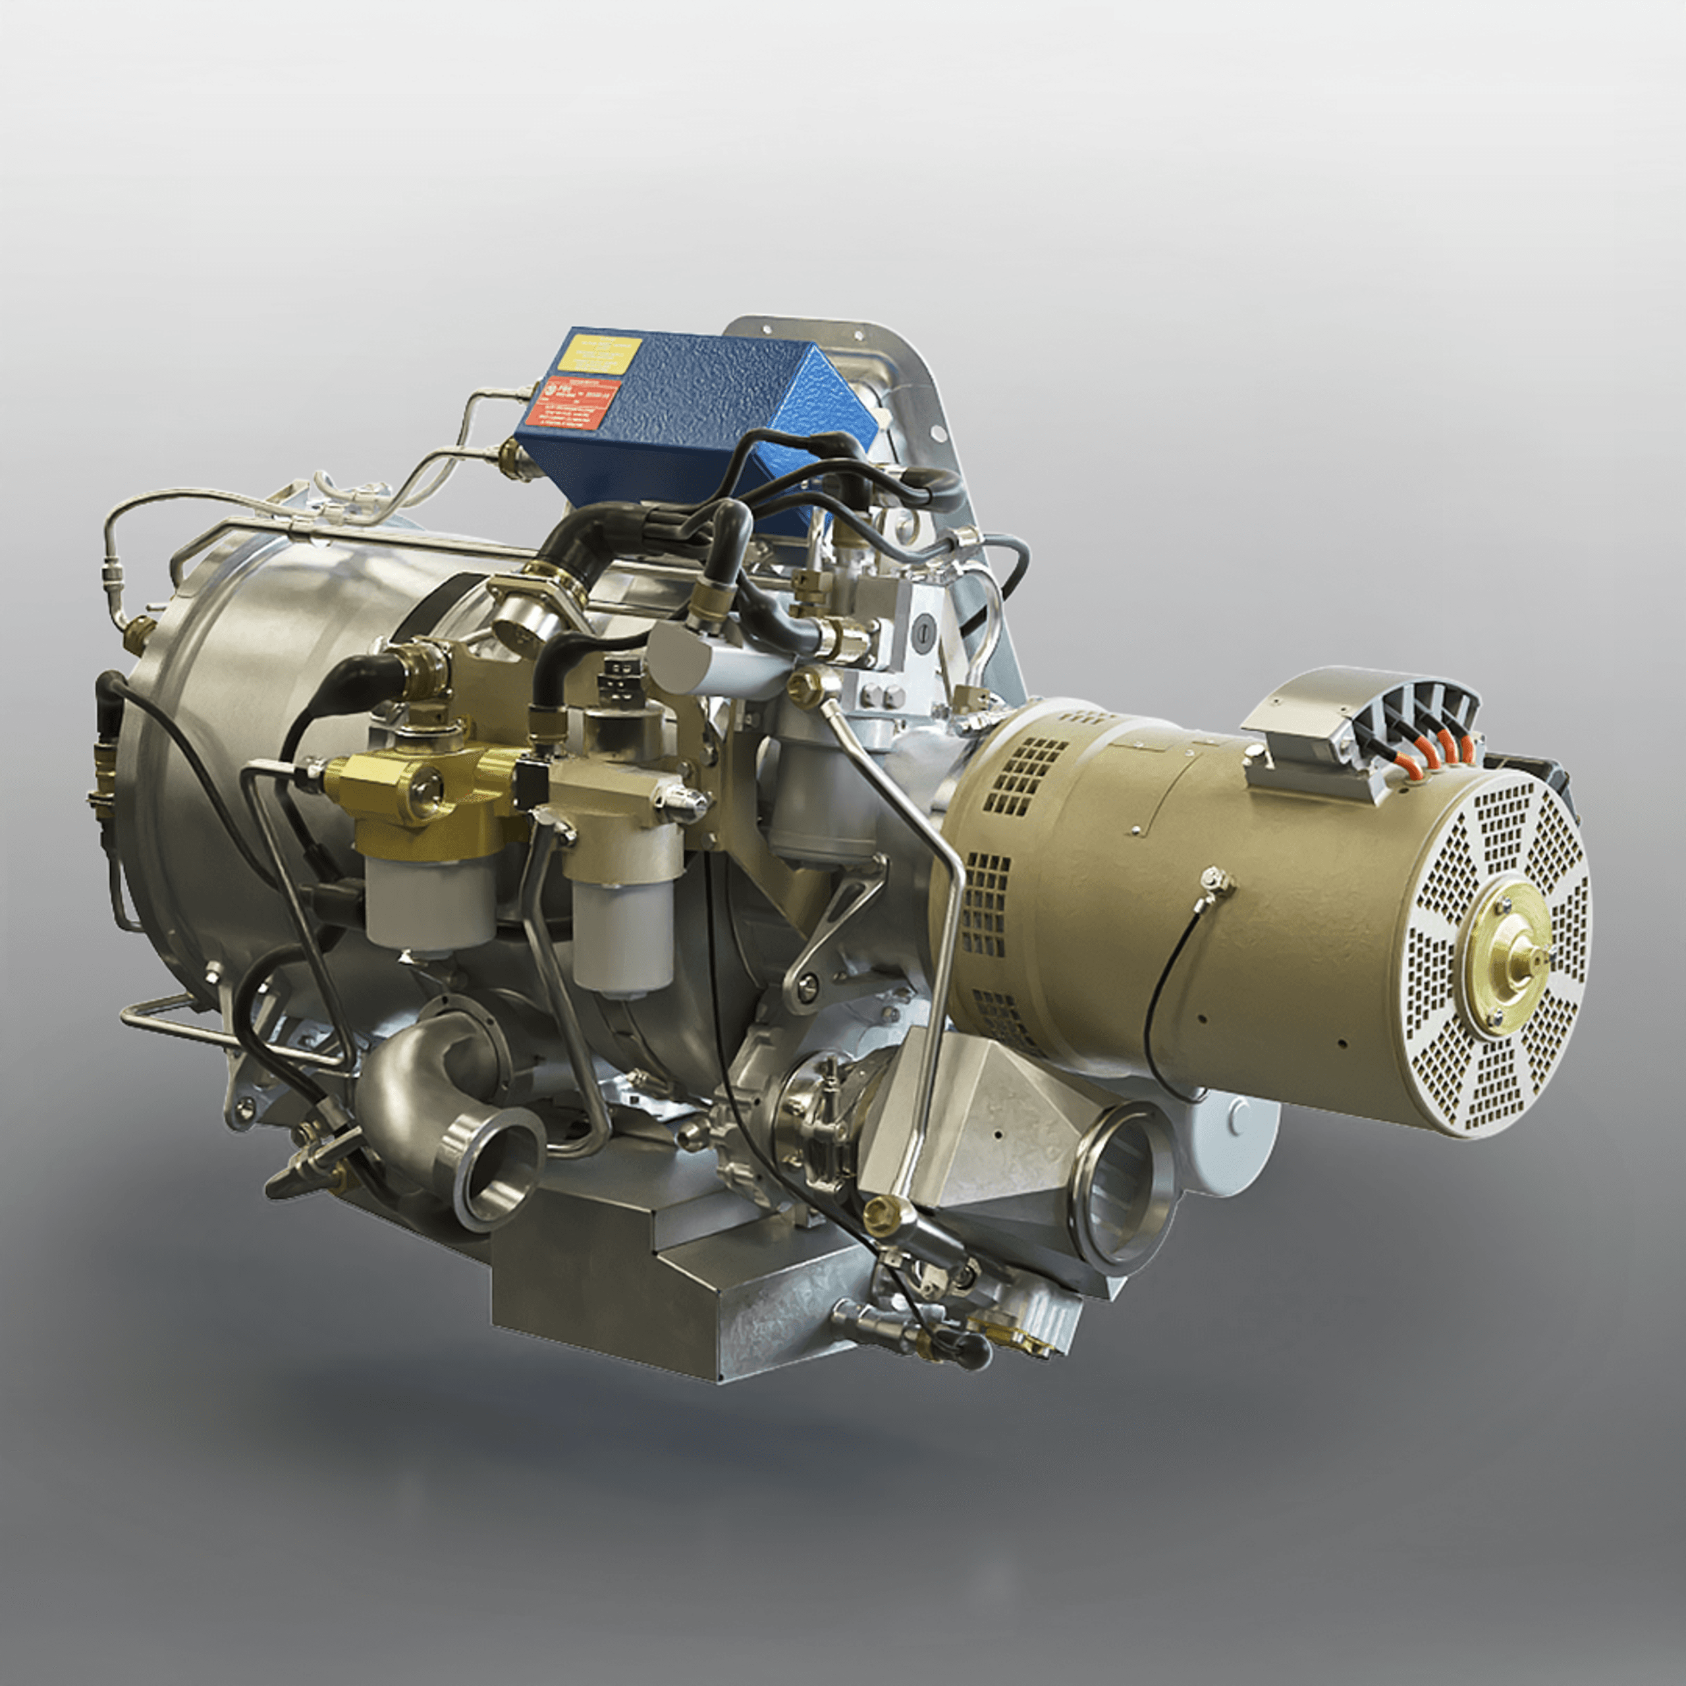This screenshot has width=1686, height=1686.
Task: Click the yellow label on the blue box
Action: click(x=599, y=356)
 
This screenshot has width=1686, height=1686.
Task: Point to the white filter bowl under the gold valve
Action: click(x=429, y=903)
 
